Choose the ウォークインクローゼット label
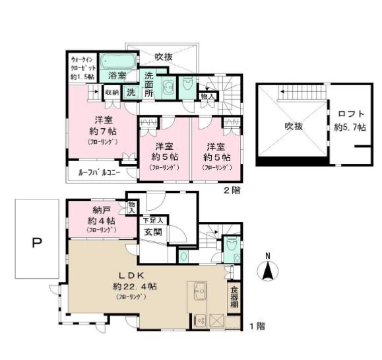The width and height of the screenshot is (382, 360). (83, 68)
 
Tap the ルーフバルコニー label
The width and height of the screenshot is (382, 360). (98, 173)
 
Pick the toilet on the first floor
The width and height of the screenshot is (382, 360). (231, 246)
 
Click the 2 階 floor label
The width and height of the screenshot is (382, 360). (232, 190)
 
